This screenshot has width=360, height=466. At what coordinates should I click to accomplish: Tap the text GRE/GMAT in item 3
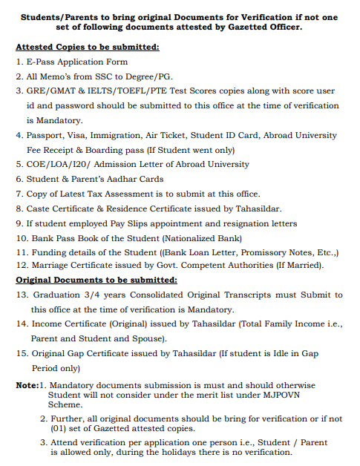53,91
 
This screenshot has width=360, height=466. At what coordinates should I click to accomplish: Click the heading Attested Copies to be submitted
88,47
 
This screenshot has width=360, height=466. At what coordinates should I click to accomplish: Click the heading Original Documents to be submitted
96,280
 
